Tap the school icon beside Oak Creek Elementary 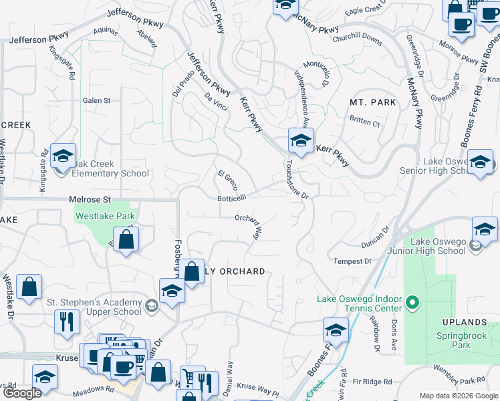[63, 156]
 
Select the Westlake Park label [105, 216]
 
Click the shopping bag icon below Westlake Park [125, 239]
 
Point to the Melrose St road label [90, 199]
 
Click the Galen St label [96, 100]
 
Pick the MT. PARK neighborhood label [373, 102]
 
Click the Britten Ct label [364, 124]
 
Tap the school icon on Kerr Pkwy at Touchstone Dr [301, 141]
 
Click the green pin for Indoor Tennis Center [412, 303]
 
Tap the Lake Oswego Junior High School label [438, 246]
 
